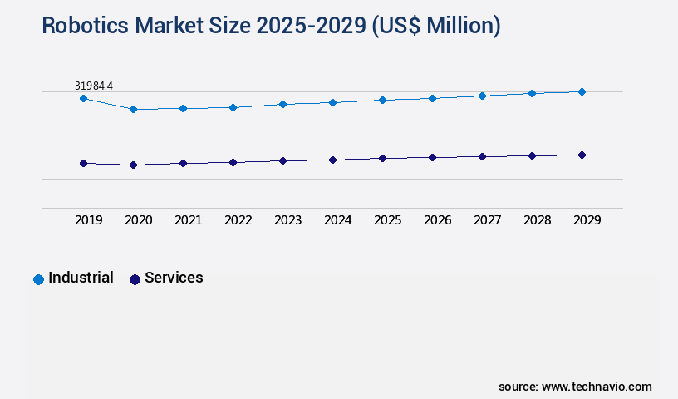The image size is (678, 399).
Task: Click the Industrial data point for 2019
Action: (x=83, y=98)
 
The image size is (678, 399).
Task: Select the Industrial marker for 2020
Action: (x=133, y=109)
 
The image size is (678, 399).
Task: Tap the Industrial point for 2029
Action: (x=582, y=91)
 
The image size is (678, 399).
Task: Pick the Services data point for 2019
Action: (x=83, y=163)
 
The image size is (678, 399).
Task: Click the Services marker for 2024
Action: (x=332, y=160)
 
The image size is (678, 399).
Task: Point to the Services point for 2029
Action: (x=582, y=155)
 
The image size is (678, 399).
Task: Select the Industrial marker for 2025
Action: (x=382, y=100)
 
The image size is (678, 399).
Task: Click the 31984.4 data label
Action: (x=94, y=86)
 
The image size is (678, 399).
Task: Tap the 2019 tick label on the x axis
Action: (x=89, y=220)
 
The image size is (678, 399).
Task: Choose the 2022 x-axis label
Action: (x=238, y=220)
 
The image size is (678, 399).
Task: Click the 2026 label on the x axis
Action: (x=438, y=220)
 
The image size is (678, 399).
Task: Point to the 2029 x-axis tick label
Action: (x=587, y=220)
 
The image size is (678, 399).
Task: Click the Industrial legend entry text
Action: (x=81, y=278)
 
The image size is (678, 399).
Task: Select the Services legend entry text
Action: (x=174, y=278)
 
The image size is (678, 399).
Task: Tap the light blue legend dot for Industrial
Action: (x=38, y=279)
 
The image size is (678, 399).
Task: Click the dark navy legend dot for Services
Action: (x=135, y=279)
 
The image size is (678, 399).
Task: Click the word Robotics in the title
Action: (x=82, y=26)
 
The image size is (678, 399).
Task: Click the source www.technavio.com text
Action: (x=575, y=387)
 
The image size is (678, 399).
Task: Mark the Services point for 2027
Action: (x=482, y=156)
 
